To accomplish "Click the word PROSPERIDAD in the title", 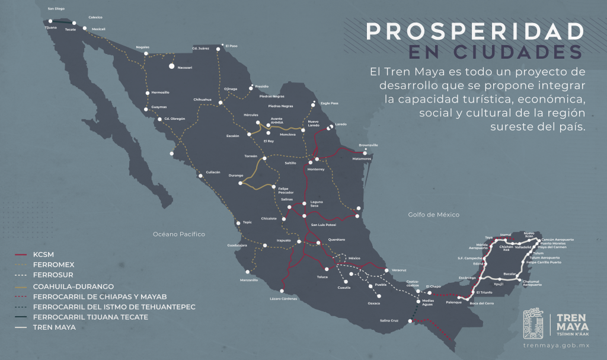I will [473, 32].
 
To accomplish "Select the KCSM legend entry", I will [44, 253].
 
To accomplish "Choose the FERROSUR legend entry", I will [53, 275].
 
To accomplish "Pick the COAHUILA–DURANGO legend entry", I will [74, 285].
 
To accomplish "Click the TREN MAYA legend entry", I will [55, 327].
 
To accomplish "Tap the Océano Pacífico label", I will [178, 234].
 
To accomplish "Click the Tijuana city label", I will [50, 27].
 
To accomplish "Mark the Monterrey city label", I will [316, 170].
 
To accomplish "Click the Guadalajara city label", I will [237, 245].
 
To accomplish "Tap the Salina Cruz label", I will [389, 321].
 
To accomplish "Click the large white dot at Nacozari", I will [172, 67].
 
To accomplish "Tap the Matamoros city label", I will [361, 158].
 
